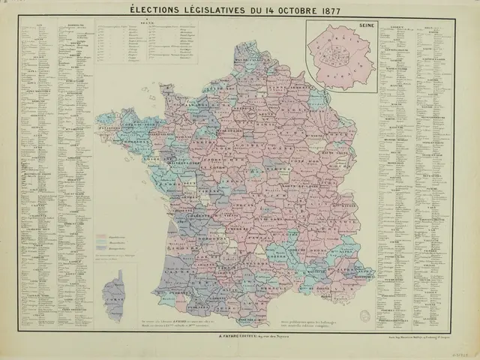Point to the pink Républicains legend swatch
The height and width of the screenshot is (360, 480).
click(103, 236)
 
